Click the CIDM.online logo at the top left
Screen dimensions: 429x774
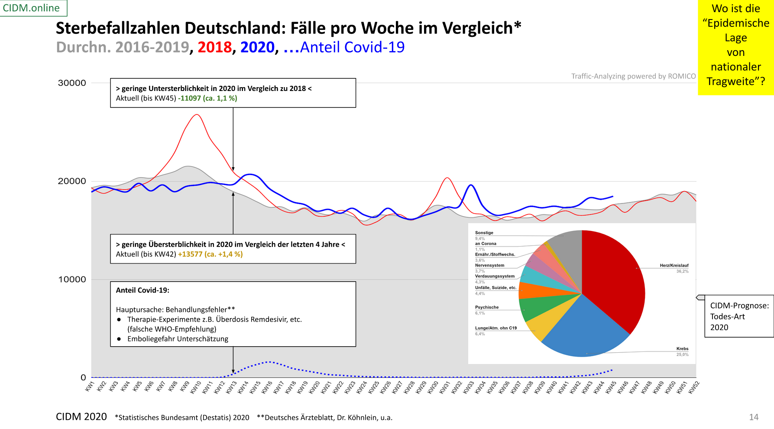click(31, 8)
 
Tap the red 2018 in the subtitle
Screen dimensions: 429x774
click(214, 47)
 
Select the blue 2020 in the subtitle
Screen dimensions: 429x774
click(257, 47)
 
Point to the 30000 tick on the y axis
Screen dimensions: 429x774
click(72, 83)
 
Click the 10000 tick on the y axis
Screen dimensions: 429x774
click(72, 279)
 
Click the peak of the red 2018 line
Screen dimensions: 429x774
click(197, 115)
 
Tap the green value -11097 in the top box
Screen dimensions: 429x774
click(190, 98)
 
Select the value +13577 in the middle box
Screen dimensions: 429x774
click(190, 254)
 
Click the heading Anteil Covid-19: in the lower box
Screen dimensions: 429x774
click(142, 290)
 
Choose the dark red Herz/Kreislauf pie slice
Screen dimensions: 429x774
click(615, 277)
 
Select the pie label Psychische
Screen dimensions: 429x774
click(487, 307)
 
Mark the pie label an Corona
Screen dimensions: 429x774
click(486, 244)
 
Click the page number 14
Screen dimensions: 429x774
click(754, 417)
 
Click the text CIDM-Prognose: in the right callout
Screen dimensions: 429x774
click(739, 305)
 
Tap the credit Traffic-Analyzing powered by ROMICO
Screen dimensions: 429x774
click(633, 76)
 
